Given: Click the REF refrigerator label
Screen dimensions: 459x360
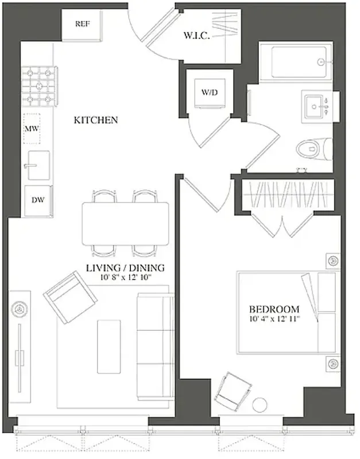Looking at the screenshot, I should (x=82, y=24).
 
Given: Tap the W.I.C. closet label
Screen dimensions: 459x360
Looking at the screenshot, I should (x=195, y=36).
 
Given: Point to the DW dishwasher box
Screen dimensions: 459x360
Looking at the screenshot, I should (x=38, y=200).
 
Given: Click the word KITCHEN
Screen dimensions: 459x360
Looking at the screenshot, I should (x=96, y=120).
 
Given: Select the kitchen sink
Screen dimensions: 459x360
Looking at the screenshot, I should (x=37, y=166).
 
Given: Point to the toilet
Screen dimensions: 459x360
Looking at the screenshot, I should (x=313, y=149).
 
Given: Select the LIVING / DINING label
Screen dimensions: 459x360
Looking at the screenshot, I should (x=125, y=268).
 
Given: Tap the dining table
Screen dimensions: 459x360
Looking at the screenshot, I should (x=126, y=223).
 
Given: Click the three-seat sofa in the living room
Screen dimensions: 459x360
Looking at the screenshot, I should (x=154, y=345).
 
